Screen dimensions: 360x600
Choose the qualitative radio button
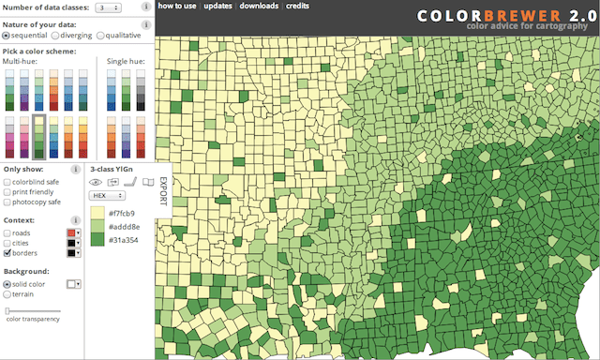click(100, 36)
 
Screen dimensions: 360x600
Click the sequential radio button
click(7, 36)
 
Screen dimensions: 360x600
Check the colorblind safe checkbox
click(7, 181)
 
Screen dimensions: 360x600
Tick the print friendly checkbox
click(7, 191)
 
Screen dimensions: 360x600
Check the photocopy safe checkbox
click(7, 202)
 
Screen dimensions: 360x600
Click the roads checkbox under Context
click(7, 232)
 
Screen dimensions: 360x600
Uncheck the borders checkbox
click(7, 253)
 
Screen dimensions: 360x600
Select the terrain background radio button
click(7, 294)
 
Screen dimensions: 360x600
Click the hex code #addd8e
click(125, 227)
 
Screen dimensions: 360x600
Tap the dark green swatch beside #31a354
click(97, 240)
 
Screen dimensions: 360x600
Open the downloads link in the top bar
click(257, 6)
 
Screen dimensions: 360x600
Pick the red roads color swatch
click(68, 232)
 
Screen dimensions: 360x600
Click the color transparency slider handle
click(7, 310)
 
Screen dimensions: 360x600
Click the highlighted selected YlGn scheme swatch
click(39, 136)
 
